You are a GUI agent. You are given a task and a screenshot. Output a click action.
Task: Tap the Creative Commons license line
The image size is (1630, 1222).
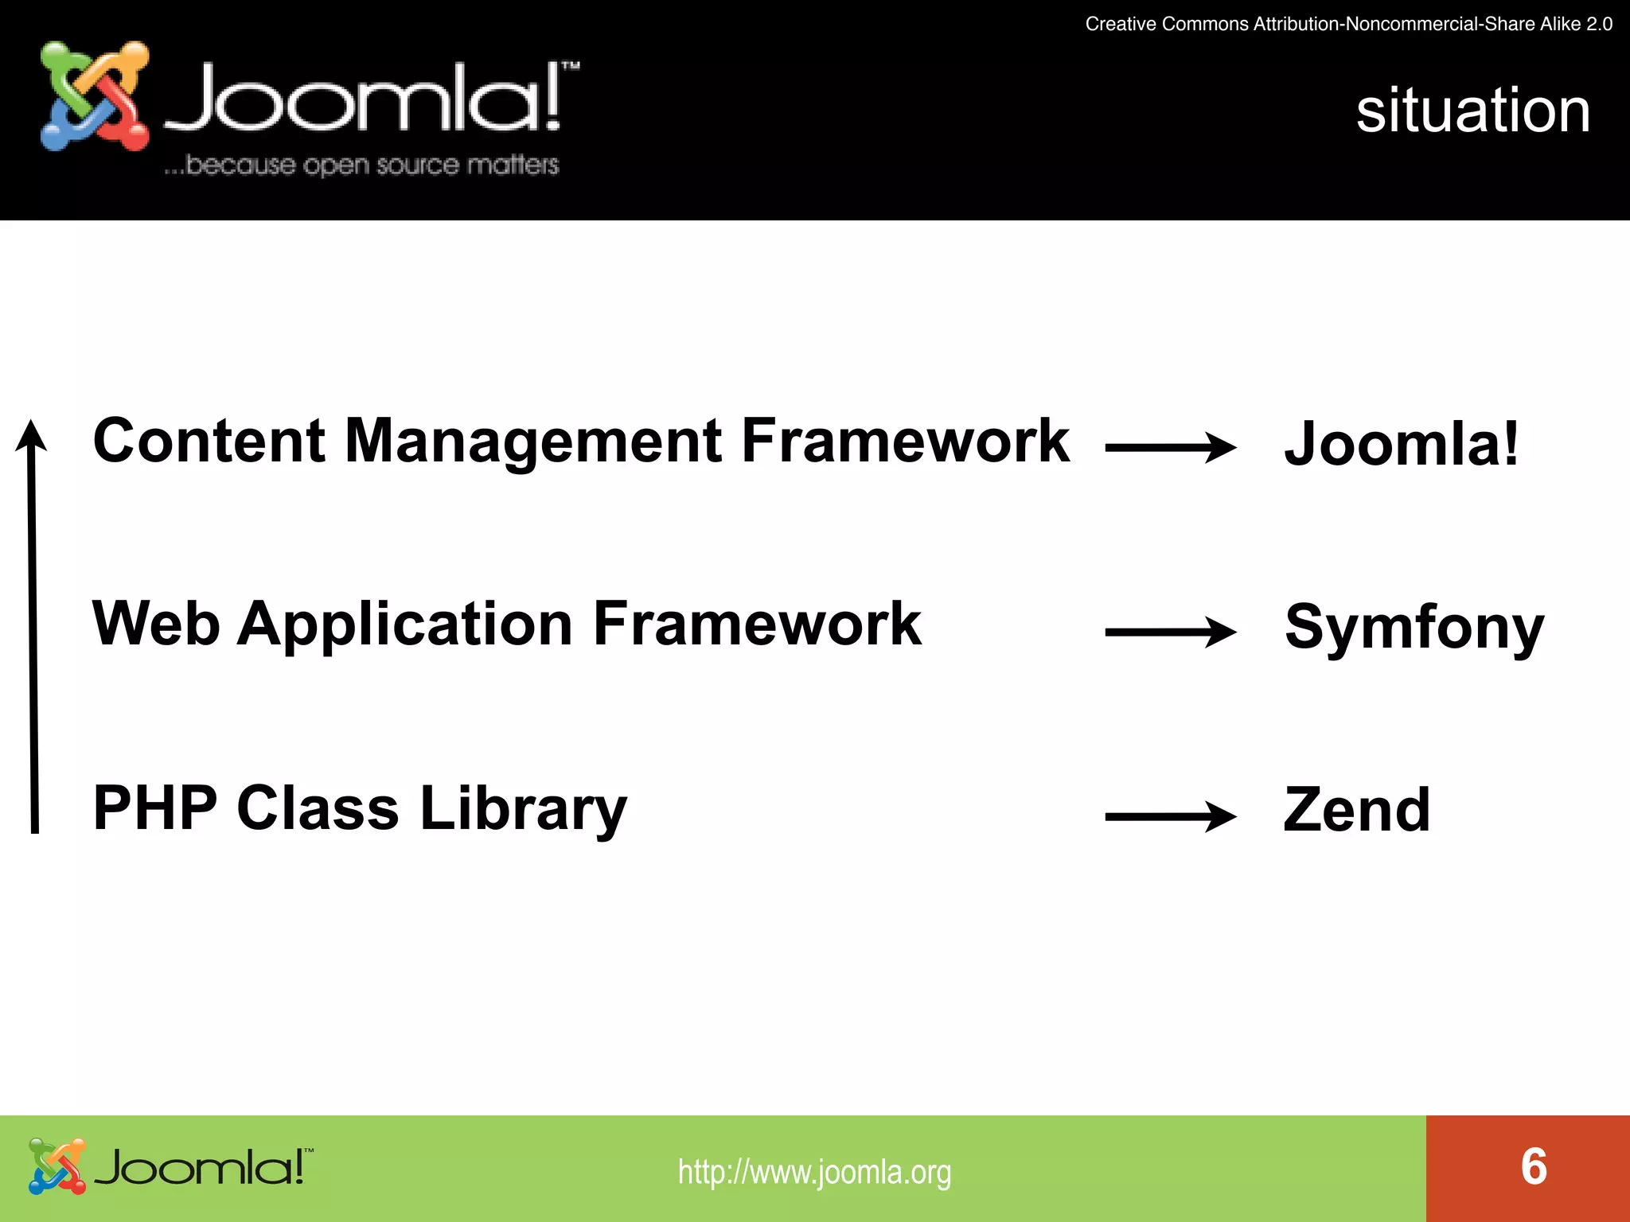[x=1348, y=24]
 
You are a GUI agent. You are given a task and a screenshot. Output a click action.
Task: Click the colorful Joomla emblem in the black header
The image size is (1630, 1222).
[x=95, y=96]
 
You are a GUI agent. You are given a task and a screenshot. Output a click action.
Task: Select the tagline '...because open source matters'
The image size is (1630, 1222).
[x=361, y=165]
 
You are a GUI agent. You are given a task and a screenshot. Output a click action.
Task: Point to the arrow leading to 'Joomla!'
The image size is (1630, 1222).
[x=1170, y=448]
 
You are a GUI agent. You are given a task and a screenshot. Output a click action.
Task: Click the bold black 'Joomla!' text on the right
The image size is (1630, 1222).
[x=1402, y=444]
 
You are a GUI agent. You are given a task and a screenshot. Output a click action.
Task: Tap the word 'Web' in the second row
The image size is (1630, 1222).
[x=156, y=624]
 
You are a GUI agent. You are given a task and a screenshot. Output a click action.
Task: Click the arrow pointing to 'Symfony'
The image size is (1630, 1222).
[x=1170, y=632]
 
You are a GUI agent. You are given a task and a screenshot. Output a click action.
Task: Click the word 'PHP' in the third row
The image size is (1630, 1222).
[x=155, y=808]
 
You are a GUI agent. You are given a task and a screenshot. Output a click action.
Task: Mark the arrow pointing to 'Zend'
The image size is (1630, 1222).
[x=1170, y=816]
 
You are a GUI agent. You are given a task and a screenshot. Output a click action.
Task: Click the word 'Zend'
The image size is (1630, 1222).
[x=1357, y=811]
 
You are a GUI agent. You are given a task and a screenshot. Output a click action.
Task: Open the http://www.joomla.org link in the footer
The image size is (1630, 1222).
[x=814, y=1172]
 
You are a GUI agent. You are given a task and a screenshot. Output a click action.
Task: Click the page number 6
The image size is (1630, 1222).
[x=1534, y=1167]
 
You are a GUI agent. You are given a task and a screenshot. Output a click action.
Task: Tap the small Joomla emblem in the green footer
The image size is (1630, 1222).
[x=57, y=1166]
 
